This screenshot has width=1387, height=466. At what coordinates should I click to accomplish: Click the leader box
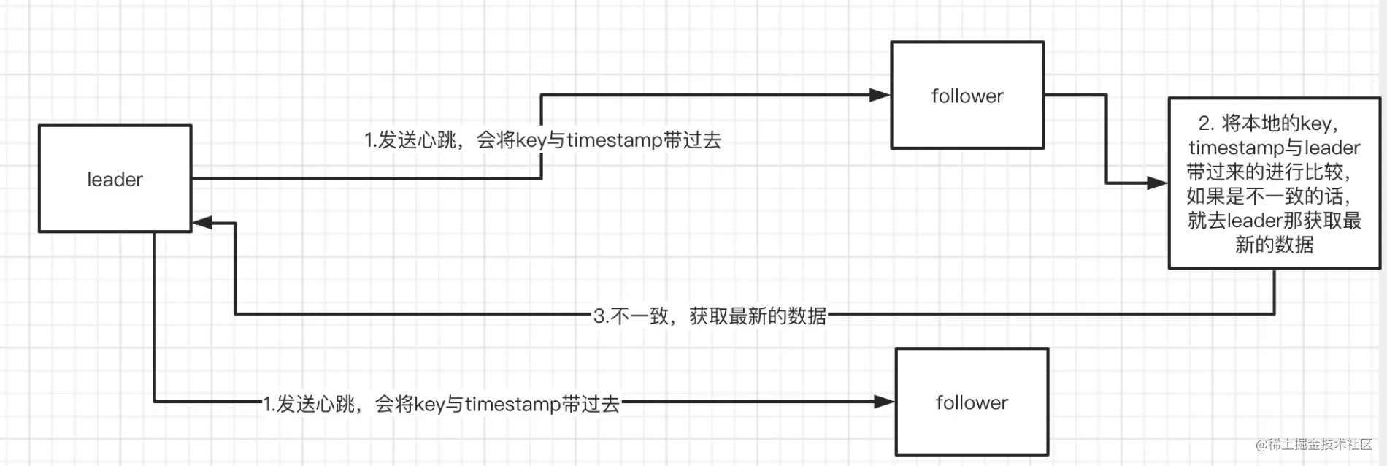click(115, 179)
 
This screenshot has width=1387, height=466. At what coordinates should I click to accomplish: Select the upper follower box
click(967, 95)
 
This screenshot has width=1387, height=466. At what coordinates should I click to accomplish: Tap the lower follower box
click(972, 402)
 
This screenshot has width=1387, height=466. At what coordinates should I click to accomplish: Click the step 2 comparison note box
click(1275, 183)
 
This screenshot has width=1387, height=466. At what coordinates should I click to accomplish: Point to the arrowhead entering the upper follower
click(880, 95)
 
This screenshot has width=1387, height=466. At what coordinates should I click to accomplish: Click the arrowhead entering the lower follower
click(884, 402)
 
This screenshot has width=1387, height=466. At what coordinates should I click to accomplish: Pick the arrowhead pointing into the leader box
click(203, 223)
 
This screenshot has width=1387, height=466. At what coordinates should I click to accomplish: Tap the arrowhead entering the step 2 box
click(1158, 183)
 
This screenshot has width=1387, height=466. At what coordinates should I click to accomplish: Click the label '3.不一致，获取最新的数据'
click(710, 316)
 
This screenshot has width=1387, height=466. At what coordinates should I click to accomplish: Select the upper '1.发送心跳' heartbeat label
click(542, 140)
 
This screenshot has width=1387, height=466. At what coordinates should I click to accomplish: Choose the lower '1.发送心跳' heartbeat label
click(441, 403)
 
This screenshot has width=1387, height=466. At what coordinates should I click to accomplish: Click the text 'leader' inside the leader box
click(115, 179)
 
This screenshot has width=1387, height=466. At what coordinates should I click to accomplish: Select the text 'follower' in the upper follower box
click(967, 96)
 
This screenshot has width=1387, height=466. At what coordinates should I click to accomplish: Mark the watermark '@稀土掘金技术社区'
click(1314, 444)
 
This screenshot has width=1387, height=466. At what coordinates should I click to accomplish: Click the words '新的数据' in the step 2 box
click(1275, 244)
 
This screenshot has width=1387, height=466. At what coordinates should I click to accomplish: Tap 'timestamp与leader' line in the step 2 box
click(1275, 148)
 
